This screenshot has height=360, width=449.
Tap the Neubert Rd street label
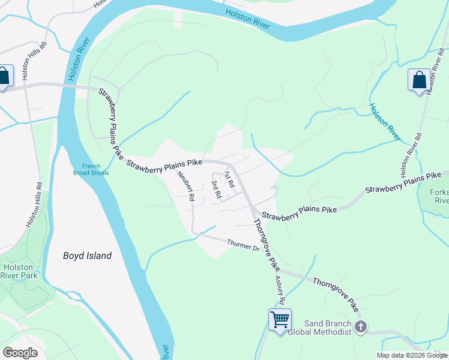point(185,186)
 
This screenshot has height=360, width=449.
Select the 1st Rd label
point(228,178)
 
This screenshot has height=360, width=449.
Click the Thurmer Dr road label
point(243,245)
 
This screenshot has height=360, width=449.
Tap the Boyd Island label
point(88,256)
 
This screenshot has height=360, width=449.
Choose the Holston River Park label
point(20,271)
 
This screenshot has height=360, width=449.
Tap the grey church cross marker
point(360,327)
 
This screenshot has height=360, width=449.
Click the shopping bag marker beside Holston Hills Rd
point(4,77)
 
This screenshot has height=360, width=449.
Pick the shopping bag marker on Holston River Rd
point(418,80)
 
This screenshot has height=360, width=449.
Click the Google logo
point(20,353)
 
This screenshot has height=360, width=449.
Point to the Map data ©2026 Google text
point(412,355)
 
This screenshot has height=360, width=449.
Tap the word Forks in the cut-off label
point(439,193)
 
